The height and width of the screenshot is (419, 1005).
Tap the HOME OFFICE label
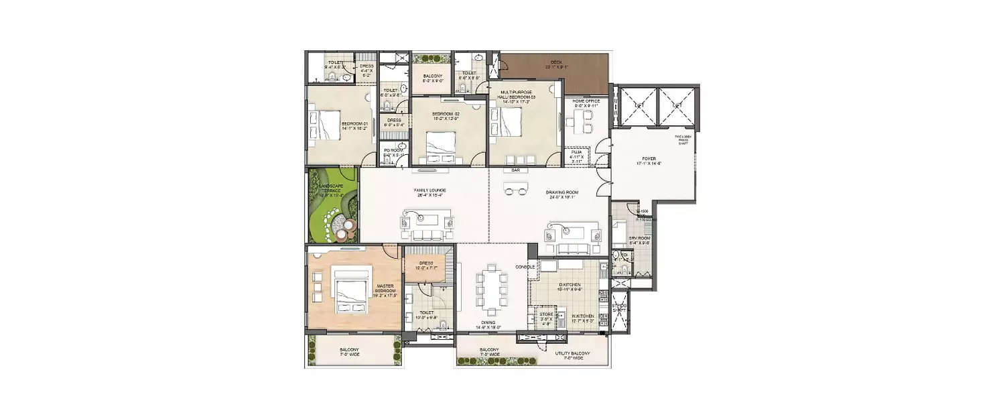coord(586,101)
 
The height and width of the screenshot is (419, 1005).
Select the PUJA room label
coord(576,153)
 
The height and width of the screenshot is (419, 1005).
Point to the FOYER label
coord(649,158)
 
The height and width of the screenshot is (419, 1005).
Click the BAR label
coord(515,170)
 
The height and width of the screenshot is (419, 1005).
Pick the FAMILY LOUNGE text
coord(429,190)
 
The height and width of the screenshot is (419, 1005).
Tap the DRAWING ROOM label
coord(561,192)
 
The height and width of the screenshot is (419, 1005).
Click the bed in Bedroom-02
coord(440,143)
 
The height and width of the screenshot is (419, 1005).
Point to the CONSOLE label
coord(525,267)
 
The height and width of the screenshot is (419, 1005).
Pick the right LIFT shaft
coord(677,105)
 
